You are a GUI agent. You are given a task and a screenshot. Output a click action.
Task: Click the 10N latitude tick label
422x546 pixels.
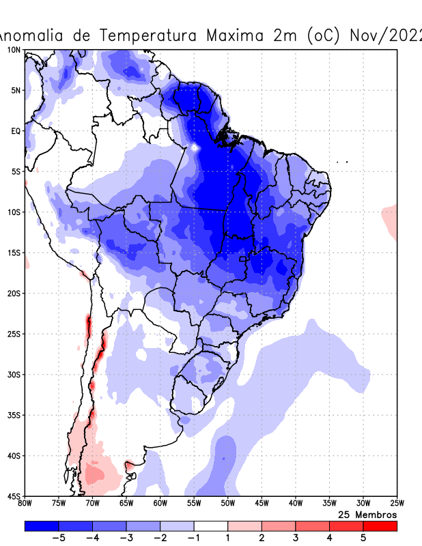click(14, 50)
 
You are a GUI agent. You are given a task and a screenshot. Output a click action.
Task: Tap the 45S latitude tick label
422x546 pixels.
click(14, 495)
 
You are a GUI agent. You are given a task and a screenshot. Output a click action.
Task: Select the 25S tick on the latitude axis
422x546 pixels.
click(14, 334)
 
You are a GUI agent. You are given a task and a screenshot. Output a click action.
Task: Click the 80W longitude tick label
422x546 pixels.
click(25, 504)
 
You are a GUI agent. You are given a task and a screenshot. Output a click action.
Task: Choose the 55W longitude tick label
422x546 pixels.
click(194, 504)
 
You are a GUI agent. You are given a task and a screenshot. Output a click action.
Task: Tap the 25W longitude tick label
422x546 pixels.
click(396, 504)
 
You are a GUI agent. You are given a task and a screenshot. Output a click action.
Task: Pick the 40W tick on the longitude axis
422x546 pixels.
click(295, 504)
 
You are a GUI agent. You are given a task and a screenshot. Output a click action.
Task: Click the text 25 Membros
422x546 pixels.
click(367, 514)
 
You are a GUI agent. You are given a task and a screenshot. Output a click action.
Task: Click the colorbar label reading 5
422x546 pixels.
click(363, 538)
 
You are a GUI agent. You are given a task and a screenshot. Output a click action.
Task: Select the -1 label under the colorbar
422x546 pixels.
click(193, 538)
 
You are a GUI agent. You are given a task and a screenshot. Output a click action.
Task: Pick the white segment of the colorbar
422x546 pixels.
click(211, 526)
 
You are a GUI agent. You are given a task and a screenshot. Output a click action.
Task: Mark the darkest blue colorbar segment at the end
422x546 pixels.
click(42, 526)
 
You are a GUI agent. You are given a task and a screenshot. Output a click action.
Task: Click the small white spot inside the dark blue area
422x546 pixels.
click(195, 147)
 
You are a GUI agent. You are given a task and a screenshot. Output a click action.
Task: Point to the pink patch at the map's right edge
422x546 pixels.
click(390, 220)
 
